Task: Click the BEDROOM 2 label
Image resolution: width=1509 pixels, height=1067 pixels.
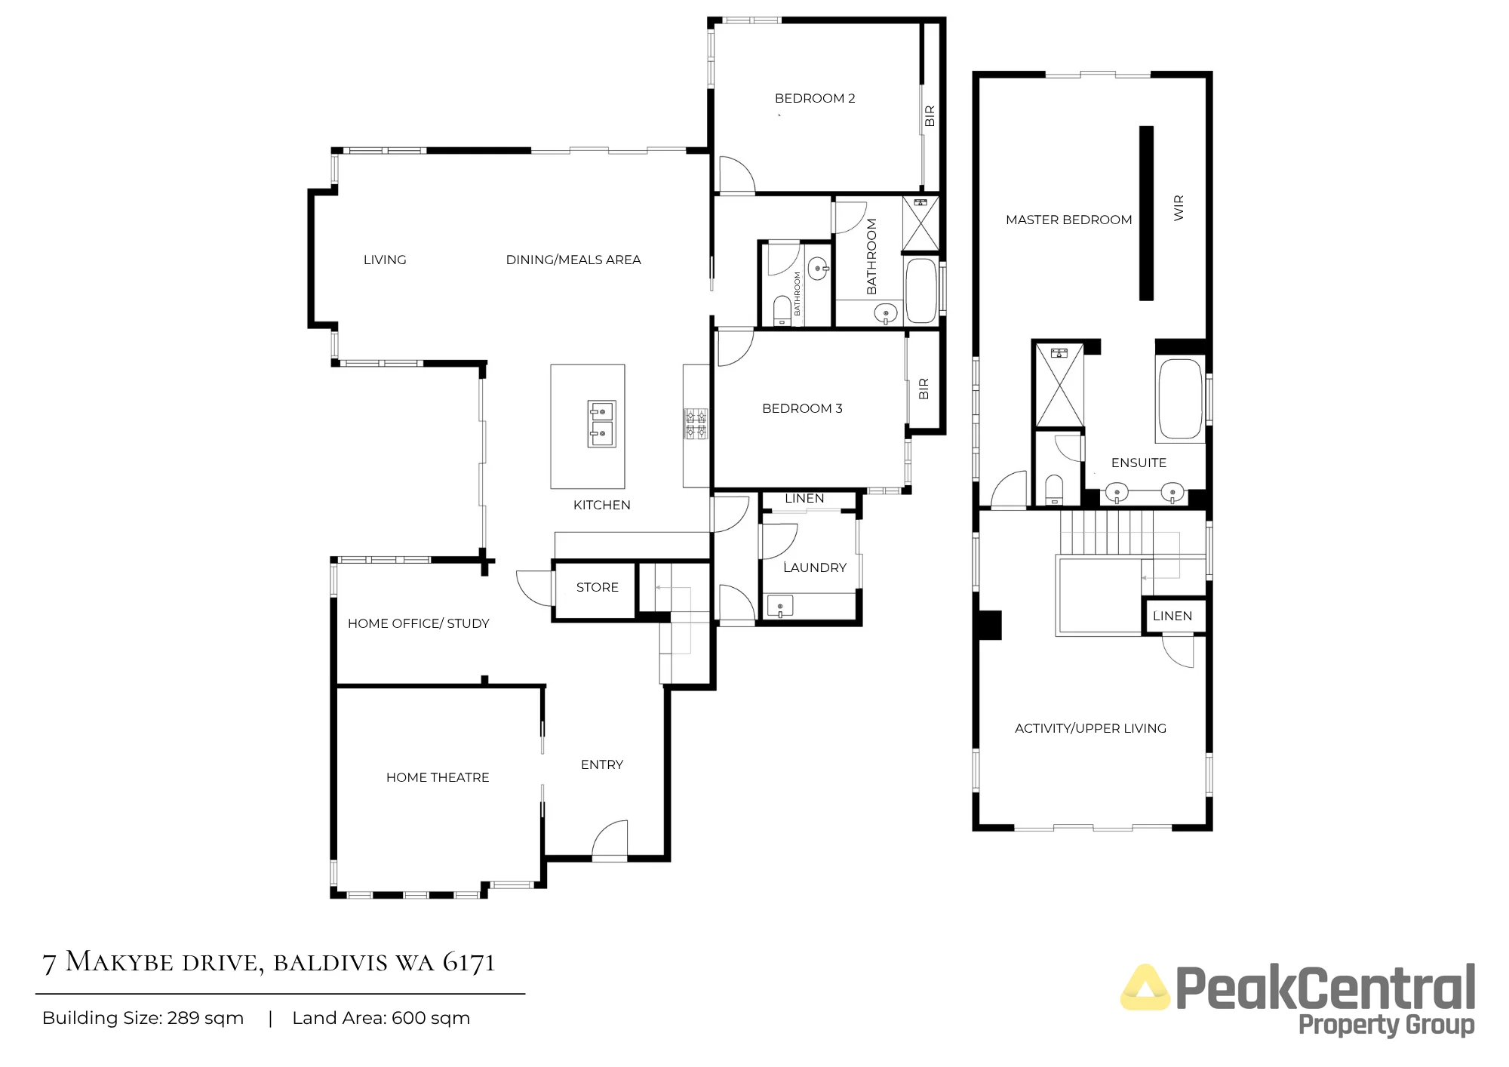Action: click(815, 98)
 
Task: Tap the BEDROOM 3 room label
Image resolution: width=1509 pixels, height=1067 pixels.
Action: click(802, 408)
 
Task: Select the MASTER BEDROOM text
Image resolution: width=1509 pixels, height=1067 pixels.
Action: click(1068, 220)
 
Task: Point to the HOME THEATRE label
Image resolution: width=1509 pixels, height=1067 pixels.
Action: click(438, 777)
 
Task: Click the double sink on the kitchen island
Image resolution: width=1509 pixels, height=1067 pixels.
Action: click(602, 423)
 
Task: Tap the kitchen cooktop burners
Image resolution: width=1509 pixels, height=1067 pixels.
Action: click(696, 423)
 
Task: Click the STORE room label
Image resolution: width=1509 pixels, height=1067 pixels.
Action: click(598, 587)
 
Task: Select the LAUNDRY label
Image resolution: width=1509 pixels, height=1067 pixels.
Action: click(815, 567)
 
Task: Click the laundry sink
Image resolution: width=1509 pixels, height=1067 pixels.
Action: click(780, 606)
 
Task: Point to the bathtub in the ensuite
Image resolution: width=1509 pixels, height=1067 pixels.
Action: click(1180, 399)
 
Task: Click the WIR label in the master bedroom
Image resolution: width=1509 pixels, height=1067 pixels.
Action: click(1179, 208)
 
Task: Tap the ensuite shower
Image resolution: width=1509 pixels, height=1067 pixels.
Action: click(1059, 385)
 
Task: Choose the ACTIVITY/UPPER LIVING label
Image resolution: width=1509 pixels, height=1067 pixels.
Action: click(1090, 728)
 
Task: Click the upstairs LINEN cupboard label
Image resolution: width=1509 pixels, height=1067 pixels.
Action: click(1172, 616)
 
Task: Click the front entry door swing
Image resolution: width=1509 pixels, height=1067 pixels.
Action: click(610, 839)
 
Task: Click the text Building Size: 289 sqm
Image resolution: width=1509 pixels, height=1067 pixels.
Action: click(143, 1018)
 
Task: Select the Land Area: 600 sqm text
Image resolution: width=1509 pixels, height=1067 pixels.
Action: click(381, 1018)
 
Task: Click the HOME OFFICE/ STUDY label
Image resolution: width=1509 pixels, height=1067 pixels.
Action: click(418, 623)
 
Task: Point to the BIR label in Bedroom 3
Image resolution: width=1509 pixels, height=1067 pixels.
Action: click(924, 389)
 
